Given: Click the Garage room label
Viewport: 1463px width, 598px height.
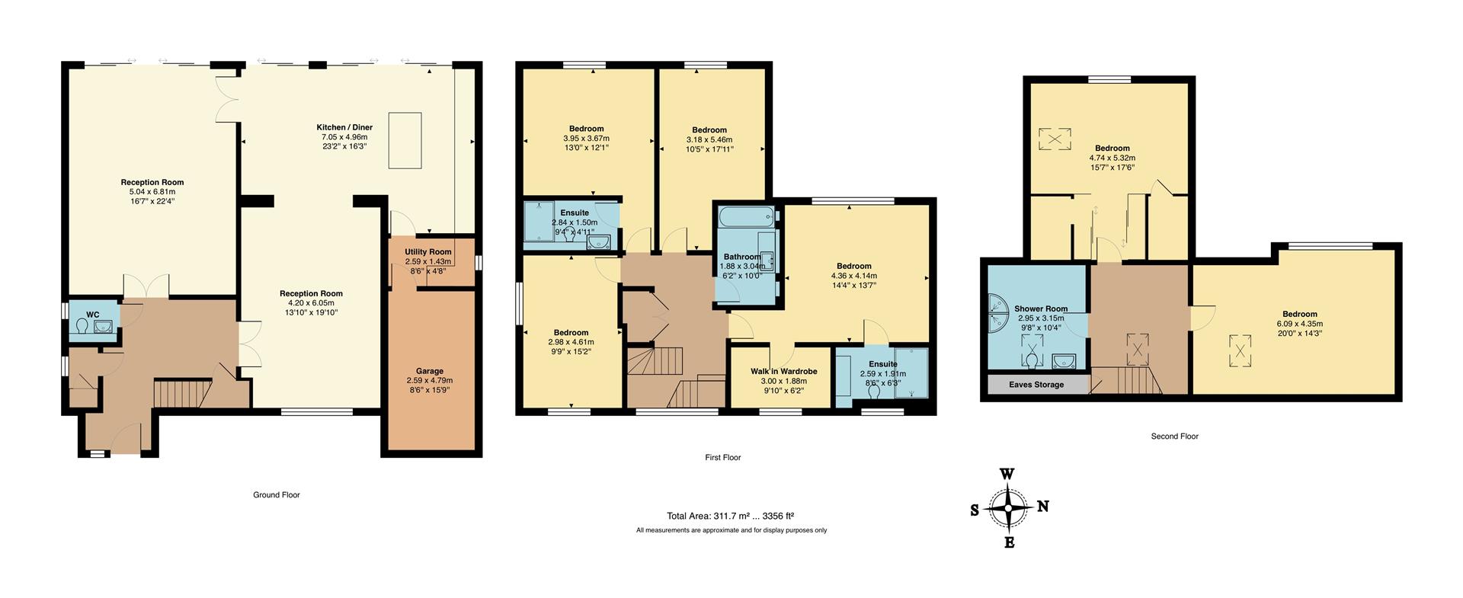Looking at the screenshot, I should tap(430, 372).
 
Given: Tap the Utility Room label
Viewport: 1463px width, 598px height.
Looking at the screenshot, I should tap(428, 251).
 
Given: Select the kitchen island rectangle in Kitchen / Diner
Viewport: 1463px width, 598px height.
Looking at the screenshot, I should tap(405, 140).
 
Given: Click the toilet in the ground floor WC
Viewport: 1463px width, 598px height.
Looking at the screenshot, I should tap(83, 327).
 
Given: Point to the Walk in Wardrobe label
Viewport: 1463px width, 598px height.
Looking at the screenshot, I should tap(783, 372).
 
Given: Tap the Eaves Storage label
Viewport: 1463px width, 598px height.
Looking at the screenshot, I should tap(1036, 385).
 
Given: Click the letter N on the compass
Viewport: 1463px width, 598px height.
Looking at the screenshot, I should tap(1043, 507).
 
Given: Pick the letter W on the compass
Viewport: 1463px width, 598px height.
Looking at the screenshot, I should tap(1007, 474).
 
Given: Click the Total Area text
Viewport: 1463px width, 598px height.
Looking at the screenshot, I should tap(730, 516).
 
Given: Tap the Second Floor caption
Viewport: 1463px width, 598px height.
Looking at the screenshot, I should tap(1174, 437).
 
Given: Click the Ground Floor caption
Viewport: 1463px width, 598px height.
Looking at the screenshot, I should tap(277, 495).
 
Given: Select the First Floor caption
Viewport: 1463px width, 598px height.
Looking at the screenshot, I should tap(722, 458).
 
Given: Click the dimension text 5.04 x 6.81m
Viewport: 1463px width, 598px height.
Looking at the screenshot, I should tap(152, 192).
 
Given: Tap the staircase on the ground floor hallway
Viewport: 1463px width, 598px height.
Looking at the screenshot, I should tap(182, 394).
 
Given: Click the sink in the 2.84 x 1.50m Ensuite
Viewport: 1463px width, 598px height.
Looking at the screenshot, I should tap(600, 243).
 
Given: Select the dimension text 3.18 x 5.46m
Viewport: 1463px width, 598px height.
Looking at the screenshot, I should tap(709, 140).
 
